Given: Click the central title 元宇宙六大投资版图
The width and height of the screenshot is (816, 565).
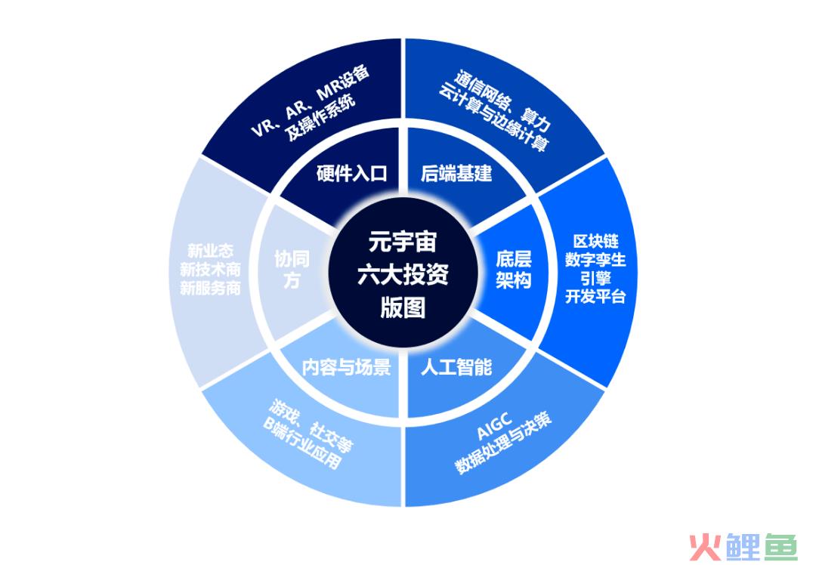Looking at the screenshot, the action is [403, 274].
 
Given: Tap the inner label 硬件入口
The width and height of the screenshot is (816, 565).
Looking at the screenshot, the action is [352, 173].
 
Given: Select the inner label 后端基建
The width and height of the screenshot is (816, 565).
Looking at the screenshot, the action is [456, 173].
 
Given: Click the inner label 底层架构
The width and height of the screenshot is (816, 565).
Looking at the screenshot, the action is [513, 270].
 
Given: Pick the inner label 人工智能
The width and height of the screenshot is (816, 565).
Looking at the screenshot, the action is [456, 367].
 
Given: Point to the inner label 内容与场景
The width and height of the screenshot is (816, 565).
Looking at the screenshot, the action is [347, 367].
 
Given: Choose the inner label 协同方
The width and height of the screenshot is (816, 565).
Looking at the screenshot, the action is [292, 270].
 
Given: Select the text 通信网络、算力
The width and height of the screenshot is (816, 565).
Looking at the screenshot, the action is [502, 100].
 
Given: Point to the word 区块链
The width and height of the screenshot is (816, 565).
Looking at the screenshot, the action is [595, 242].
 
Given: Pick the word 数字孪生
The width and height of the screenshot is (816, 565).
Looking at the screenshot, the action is [595, 260].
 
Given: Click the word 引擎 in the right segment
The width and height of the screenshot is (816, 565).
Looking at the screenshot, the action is [595, 278].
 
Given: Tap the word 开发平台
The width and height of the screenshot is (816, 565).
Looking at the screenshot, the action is [595, 297].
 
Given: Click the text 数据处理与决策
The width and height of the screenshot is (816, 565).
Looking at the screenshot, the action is [503, 444].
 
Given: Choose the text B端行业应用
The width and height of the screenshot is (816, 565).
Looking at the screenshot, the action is [302, 444].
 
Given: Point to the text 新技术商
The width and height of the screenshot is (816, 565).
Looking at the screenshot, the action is [210, 270].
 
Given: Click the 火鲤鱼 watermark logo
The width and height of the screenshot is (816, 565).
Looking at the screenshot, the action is [743, 546].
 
